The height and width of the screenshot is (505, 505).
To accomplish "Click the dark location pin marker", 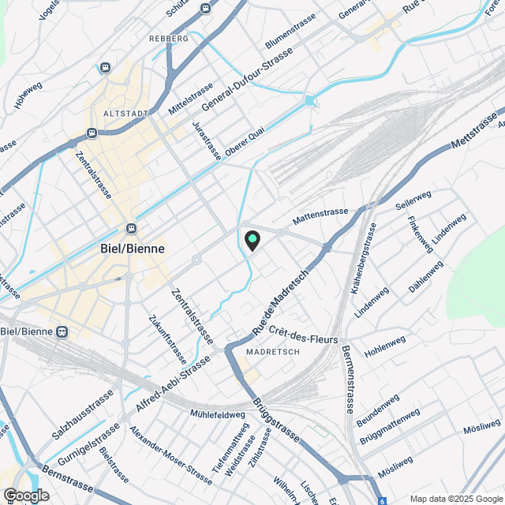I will pyautogui.click(x=252, y=240).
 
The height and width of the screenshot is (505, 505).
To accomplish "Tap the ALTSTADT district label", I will pyautogui.click(x=126, y=114).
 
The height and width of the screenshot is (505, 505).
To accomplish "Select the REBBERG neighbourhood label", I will pyautogui.click(x=168, y=38).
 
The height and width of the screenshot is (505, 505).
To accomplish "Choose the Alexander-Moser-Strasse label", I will pyautogui.click(x=170, y=454).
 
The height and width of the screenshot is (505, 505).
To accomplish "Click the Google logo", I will pyautogui.click(x=26, y=495).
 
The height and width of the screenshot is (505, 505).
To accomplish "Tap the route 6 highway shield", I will pyautogui.click(x=383, y=500).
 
